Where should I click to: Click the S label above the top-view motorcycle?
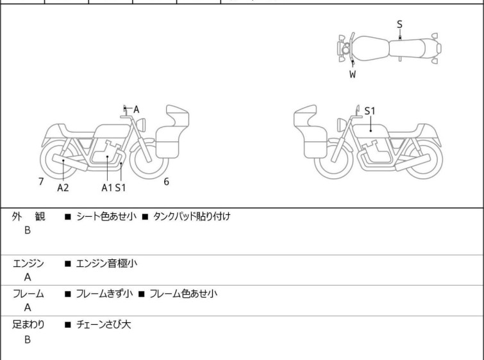point(399,24)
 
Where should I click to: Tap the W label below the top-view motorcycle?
point(353,74)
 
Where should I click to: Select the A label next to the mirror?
point(136,109)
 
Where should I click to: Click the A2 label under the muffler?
point(63,187)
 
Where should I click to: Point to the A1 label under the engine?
point(107,187)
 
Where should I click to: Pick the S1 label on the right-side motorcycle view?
point(370,111)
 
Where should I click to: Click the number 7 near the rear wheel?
point(41,182)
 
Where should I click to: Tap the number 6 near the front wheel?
point(167,182)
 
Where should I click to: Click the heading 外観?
point(28,216)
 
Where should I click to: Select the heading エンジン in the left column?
point(28,263)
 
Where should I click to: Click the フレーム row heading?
point(28,293)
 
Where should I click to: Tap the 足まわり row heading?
point(28,324)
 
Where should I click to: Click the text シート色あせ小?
point(106,216)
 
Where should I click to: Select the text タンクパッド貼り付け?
point(192,216)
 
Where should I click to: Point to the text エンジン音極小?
point(106,263)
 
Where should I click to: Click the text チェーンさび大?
point(103,324)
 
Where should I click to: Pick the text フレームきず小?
point(104,293)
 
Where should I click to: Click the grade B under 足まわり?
point(28,339)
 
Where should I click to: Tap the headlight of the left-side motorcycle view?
point(141,124)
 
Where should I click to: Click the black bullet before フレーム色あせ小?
point(142,294)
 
